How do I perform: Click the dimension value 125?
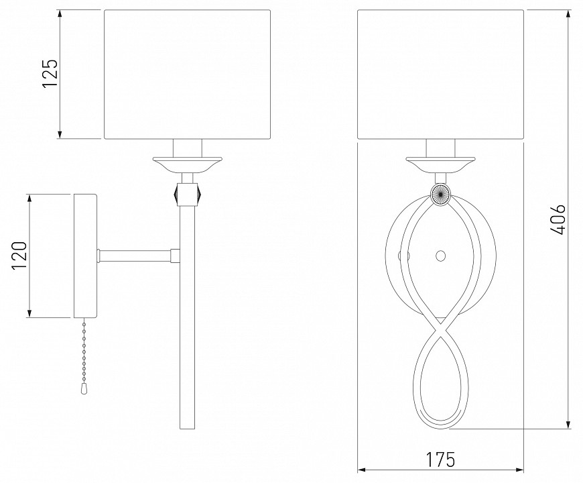point(50,73)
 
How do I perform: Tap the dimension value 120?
point(19,256)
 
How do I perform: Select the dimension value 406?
point(558,219)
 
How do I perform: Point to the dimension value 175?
point(440,460)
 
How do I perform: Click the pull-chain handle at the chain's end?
point(83,388)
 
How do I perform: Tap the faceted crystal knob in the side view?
point(187,193)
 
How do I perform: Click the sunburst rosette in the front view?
point(440,195)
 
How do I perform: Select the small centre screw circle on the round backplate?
point(440,256)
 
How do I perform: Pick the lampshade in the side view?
point(187,74)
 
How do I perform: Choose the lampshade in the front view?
point(440,74)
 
